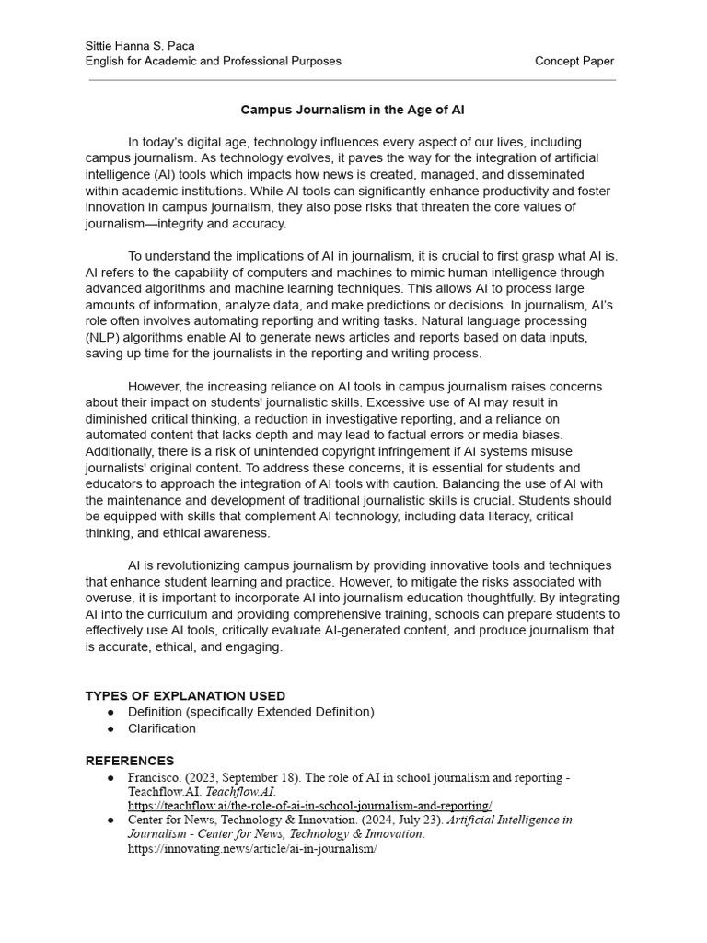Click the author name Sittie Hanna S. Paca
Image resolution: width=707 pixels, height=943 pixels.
pos(140,46)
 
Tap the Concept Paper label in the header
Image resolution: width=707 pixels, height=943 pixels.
pos(574,61)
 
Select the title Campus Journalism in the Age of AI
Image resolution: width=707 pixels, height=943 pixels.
pos(353,110)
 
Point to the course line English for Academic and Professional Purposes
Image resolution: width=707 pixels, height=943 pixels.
pos(213,61)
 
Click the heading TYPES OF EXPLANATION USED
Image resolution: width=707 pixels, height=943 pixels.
pos(185,695)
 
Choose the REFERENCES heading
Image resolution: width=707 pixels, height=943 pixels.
pos(129,761)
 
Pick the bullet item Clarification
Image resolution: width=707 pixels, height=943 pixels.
pos(162,728)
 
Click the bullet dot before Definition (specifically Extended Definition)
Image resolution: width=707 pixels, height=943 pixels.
pos(111,712)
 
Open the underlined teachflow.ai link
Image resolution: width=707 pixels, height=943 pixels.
pos(309,805)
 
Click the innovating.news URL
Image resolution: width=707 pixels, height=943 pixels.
pos(252,848)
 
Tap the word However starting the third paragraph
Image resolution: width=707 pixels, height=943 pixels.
pos(156,387)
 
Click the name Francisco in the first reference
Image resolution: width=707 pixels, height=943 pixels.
pos(153,777)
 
